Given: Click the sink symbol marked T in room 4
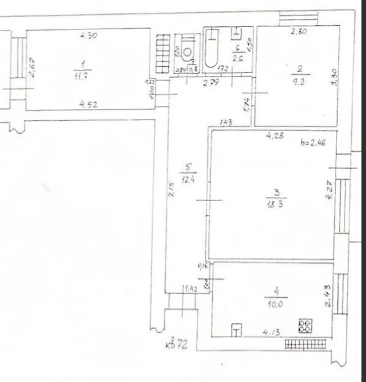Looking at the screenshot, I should pos(237,331).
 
